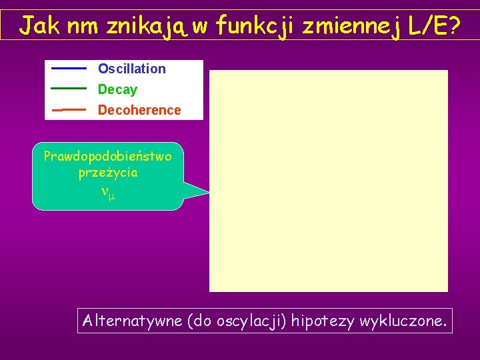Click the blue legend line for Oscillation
pyautogui.click(x=69, y=69)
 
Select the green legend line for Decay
pyautogui.click(x=69, y=88)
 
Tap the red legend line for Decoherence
pyautogui.click(x=69, y=109)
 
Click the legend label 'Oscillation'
pyautogui.click(x=131, y=69)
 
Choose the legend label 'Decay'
pyautogui.click(x=117, y=89)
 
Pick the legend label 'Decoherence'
pyautogui.click(x=139, y=110)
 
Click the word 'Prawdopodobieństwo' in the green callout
pyautogui.click(x=107, y=157)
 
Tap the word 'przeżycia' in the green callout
pyautogui.click(x=107, y=173)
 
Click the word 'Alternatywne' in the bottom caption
pyautogui.click(x=132, y=321)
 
